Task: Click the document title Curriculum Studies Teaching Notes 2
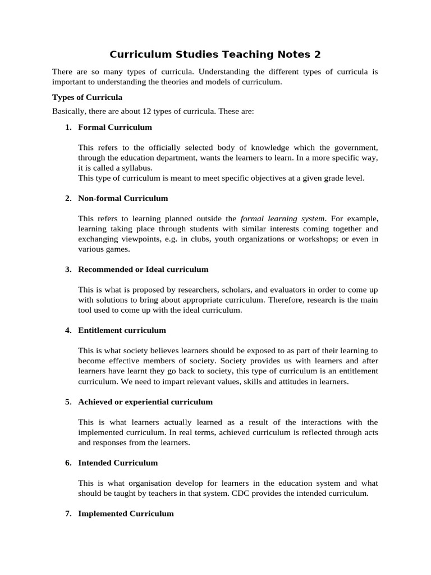pyautogui.click(x=215, y=54)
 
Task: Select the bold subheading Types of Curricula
pyautogui.click(x=87, y=97)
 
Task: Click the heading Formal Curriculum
pyautogui.click(x=115, y=127)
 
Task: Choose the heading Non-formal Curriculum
pyautogui.click(x=123, y=198)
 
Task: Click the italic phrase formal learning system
pyautogui.click(x=283, y=218)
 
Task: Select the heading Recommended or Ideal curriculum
pyautogui.click(x=143, y=269)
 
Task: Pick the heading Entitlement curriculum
pyautogui.click(x=122, y=330)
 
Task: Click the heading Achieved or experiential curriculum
pyautogui.click(x=145, y=401)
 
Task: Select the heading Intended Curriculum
pyautogui.click(x=118, y=463)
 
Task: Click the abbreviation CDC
pyautogui.click(x=266, y=493)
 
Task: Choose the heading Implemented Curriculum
pyautogui.click(x=126, y=513)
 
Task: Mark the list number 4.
pyautogui.click(x=67, y=330)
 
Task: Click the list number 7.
pyautogui.click(x=67, y=513)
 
